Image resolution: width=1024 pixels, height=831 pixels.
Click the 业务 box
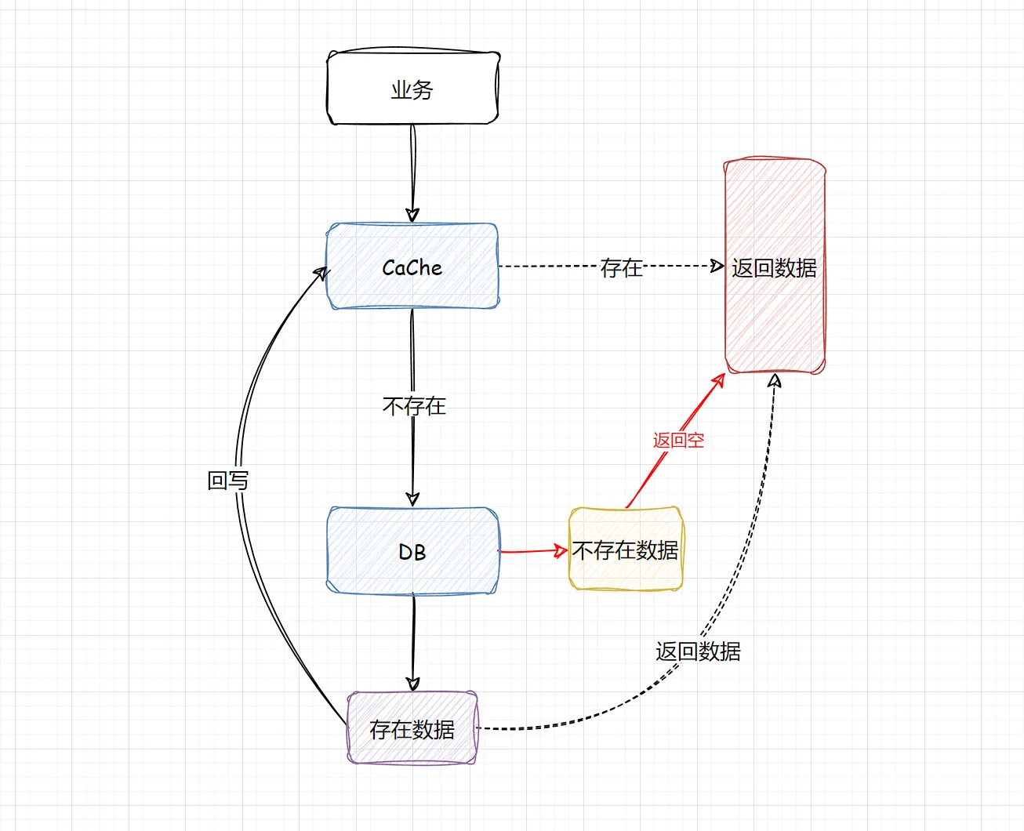point(412,89)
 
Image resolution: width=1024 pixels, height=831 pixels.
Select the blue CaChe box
point(412,267)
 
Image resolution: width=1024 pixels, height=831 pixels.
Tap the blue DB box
point(412,551)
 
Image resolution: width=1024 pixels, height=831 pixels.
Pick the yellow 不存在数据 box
point(626,550)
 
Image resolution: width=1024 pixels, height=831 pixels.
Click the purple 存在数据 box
point(412,728)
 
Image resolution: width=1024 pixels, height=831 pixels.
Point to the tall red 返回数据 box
point(775,267)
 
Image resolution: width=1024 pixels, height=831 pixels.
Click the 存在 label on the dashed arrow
point(621,267)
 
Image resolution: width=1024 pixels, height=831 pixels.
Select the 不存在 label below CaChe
point(414,405)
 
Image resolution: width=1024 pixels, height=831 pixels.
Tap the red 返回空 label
point(678,440)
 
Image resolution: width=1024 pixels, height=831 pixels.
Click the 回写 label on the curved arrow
point(227,480)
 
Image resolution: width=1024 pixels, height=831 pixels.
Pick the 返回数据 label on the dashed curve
point(698,651)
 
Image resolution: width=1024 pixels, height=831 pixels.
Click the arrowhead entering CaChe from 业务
point(412,216)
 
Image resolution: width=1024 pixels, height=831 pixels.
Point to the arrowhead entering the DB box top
point(412,499)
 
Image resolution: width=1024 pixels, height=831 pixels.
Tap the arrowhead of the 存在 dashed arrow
point(717,266)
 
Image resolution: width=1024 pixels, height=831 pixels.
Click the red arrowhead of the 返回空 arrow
point(718,381)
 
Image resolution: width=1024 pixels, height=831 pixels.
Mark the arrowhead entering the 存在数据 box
point(413,684)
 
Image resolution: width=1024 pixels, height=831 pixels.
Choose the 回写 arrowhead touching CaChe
point(320,273)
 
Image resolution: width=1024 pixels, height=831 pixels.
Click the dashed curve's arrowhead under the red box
point(775,381)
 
